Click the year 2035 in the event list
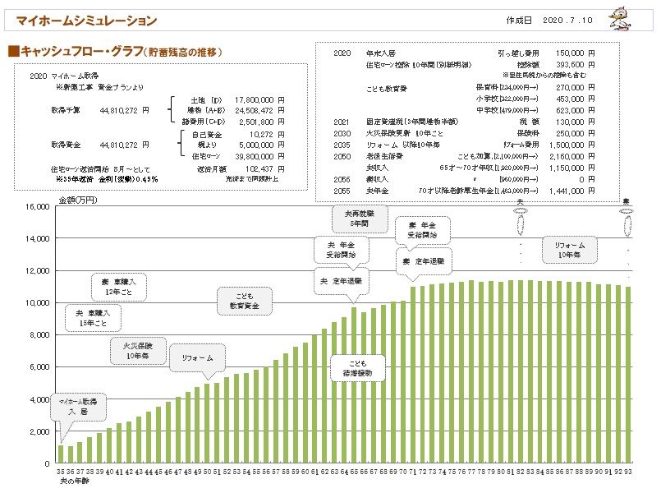click(x=342, y=143)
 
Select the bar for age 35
click(x=61, y=454)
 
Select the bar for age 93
click(x=629, y=376)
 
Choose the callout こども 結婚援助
click(x=356, y=367)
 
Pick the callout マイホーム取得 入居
click(x=78, y=406)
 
